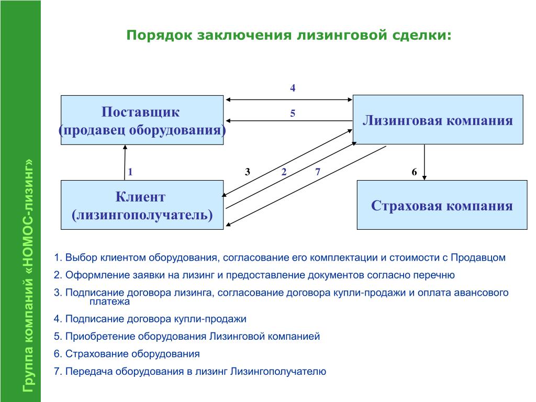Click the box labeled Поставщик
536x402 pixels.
142,120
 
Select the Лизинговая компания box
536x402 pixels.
438,119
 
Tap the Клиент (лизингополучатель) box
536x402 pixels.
142,205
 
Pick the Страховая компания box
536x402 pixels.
442,205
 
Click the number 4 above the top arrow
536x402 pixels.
293,88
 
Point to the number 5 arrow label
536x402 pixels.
293,114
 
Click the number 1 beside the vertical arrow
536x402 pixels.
130,172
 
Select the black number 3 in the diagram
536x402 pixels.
248,172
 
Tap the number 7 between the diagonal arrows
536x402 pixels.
318,172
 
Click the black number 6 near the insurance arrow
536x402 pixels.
415,172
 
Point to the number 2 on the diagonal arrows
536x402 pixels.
284,172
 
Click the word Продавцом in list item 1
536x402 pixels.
478,258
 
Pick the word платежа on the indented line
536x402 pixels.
110,302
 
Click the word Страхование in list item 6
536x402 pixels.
97,354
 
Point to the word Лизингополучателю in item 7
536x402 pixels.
278,372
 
